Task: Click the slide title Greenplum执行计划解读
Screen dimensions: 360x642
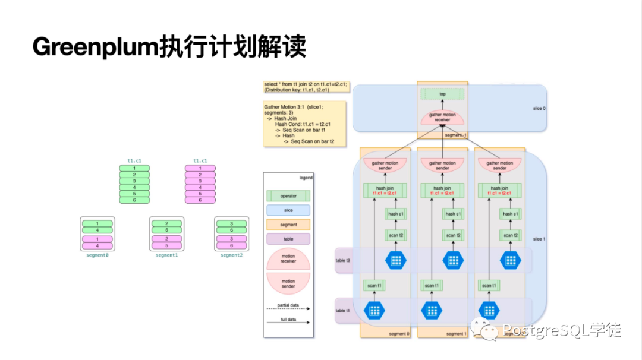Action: tap(169, 47)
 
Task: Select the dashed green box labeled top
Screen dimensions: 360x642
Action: tap(442, 94)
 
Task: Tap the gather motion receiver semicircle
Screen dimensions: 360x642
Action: tap(442, 116)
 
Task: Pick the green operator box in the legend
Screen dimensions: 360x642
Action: tap(288, 195)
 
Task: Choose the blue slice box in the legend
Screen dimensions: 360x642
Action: tap(288, 210)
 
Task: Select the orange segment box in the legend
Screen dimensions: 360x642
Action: tap(288, 225)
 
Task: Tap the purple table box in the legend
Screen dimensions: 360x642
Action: tap(288, 239)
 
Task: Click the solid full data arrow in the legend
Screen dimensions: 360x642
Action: tap(288, 323)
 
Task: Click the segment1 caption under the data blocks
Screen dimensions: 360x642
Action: tap(166, 255)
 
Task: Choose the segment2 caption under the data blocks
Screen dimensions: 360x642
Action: tap(231, 255)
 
